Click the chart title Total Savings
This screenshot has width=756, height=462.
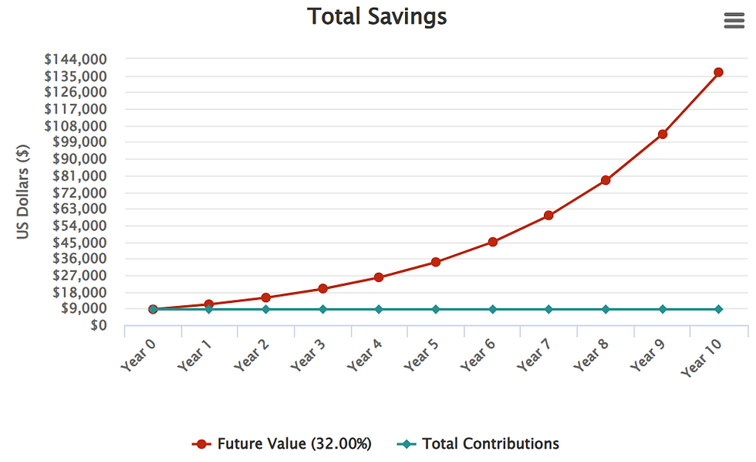pos(377,17)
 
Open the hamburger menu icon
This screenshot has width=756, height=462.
pos(734,21)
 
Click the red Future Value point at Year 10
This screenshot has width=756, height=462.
pos(718,73)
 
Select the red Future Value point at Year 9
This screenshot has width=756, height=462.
pos(663,134)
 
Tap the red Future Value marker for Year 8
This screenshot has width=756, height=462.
pos(606,180)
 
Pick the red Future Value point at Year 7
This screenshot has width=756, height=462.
pos(548,216)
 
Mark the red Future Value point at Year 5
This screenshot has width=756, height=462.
pos(435,262)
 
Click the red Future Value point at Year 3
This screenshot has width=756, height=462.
pos(322,289)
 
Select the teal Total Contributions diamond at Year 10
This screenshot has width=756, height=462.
pos(718,309)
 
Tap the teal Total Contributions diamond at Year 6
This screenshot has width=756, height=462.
pos(492,309)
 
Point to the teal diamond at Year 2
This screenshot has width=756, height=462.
pos(265,309)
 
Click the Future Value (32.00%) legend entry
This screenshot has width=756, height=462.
pos(282,443)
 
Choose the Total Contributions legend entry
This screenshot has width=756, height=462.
pos(478,443)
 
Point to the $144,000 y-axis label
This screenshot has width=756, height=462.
pos(76,59)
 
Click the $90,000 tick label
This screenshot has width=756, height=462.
pos(79,159)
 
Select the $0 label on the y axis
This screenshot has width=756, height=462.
pos(99,325)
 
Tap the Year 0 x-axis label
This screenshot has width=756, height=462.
pos(138,355)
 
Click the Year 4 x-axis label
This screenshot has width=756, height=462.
pos(364,355)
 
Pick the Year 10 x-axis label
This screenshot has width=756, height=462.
pos(701,357)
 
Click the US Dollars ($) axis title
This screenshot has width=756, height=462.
pos(22,192)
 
